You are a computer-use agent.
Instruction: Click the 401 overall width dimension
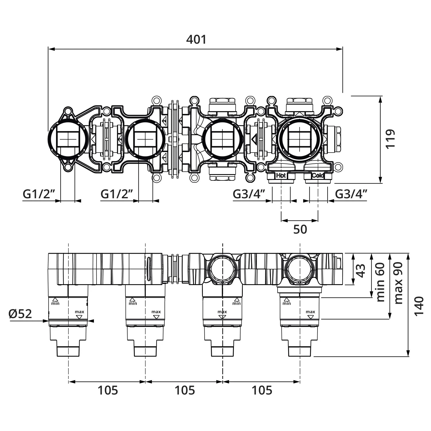(x=196, y=39)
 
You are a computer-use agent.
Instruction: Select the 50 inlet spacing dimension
(x=300, y=229)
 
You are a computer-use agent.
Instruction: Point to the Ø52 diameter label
(x=20, y=314)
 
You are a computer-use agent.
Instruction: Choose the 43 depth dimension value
(x=361, y=270)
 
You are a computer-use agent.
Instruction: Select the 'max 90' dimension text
(x=398, y=283)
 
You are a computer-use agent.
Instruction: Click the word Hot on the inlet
(x=281, y=175)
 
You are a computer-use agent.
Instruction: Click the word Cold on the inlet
(x=318, y=175)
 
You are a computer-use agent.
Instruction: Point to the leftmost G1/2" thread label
(x=39, y=194)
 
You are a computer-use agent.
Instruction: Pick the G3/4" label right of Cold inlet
(x=351, y=194)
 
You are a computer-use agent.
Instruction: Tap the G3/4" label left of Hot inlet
(x=249, y=194)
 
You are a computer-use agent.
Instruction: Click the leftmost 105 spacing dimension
(x=108, y=390)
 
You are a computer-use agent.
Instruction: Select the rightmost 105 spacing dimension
(x=262, y=390)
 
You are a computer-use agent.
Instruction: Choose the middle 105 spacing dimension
(x=185, y=390)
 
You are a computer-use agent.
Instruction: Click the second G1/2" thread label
(x=117, y=194)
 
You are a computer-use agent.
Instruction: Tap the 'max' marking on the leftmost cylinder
(x=80, y=312)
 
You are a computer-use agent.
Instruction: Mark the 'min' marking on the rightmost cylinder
(x=286, y=303)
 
